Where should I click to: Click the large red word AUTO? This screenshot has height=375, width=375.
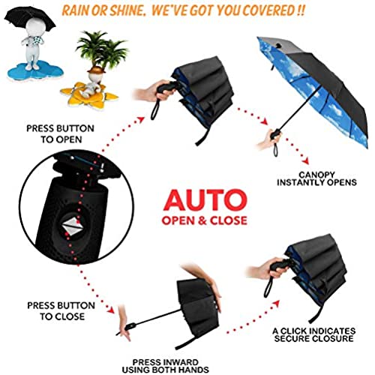pos(205,199)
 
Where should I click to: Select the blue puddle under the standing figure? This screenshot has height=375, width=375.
pos(35,70)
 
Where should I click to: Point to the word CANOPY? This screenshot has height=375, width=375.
pos(316,175)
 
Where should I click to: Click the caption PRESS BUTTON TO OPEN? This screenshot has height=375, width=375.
pos(61,134)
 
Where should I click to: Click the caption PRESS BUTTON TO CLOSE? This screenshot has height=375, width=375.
pos(61,311)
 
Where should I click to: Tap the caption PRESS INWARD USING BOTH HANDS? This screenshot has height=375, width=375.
pos(165,366)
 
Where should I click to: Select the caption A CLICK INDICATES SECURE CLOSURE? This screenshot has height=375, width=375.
pos(314,335)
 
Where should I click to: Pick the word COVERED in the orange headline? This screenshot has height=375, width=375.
pos(268,10)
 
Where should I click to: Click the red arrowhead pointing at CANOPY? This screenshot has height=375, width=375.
pos(305,161)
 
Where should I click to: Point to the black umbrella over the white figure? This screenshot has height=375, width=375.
pos(29,19)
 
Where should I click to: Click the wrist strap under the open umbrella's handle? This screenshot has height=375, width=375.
pos(275,149)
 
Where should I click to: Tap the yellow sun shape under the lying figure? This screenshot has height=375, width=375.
pos(89,96)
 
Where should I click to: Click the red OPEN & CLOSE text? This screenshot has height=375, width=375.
pos(205,220)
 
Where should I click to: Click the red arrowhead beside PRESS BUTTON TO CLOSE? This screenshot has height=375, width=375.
pos(111,310)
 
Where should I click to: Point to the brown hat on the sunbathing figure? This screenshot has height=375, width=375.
pos(96,70)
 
